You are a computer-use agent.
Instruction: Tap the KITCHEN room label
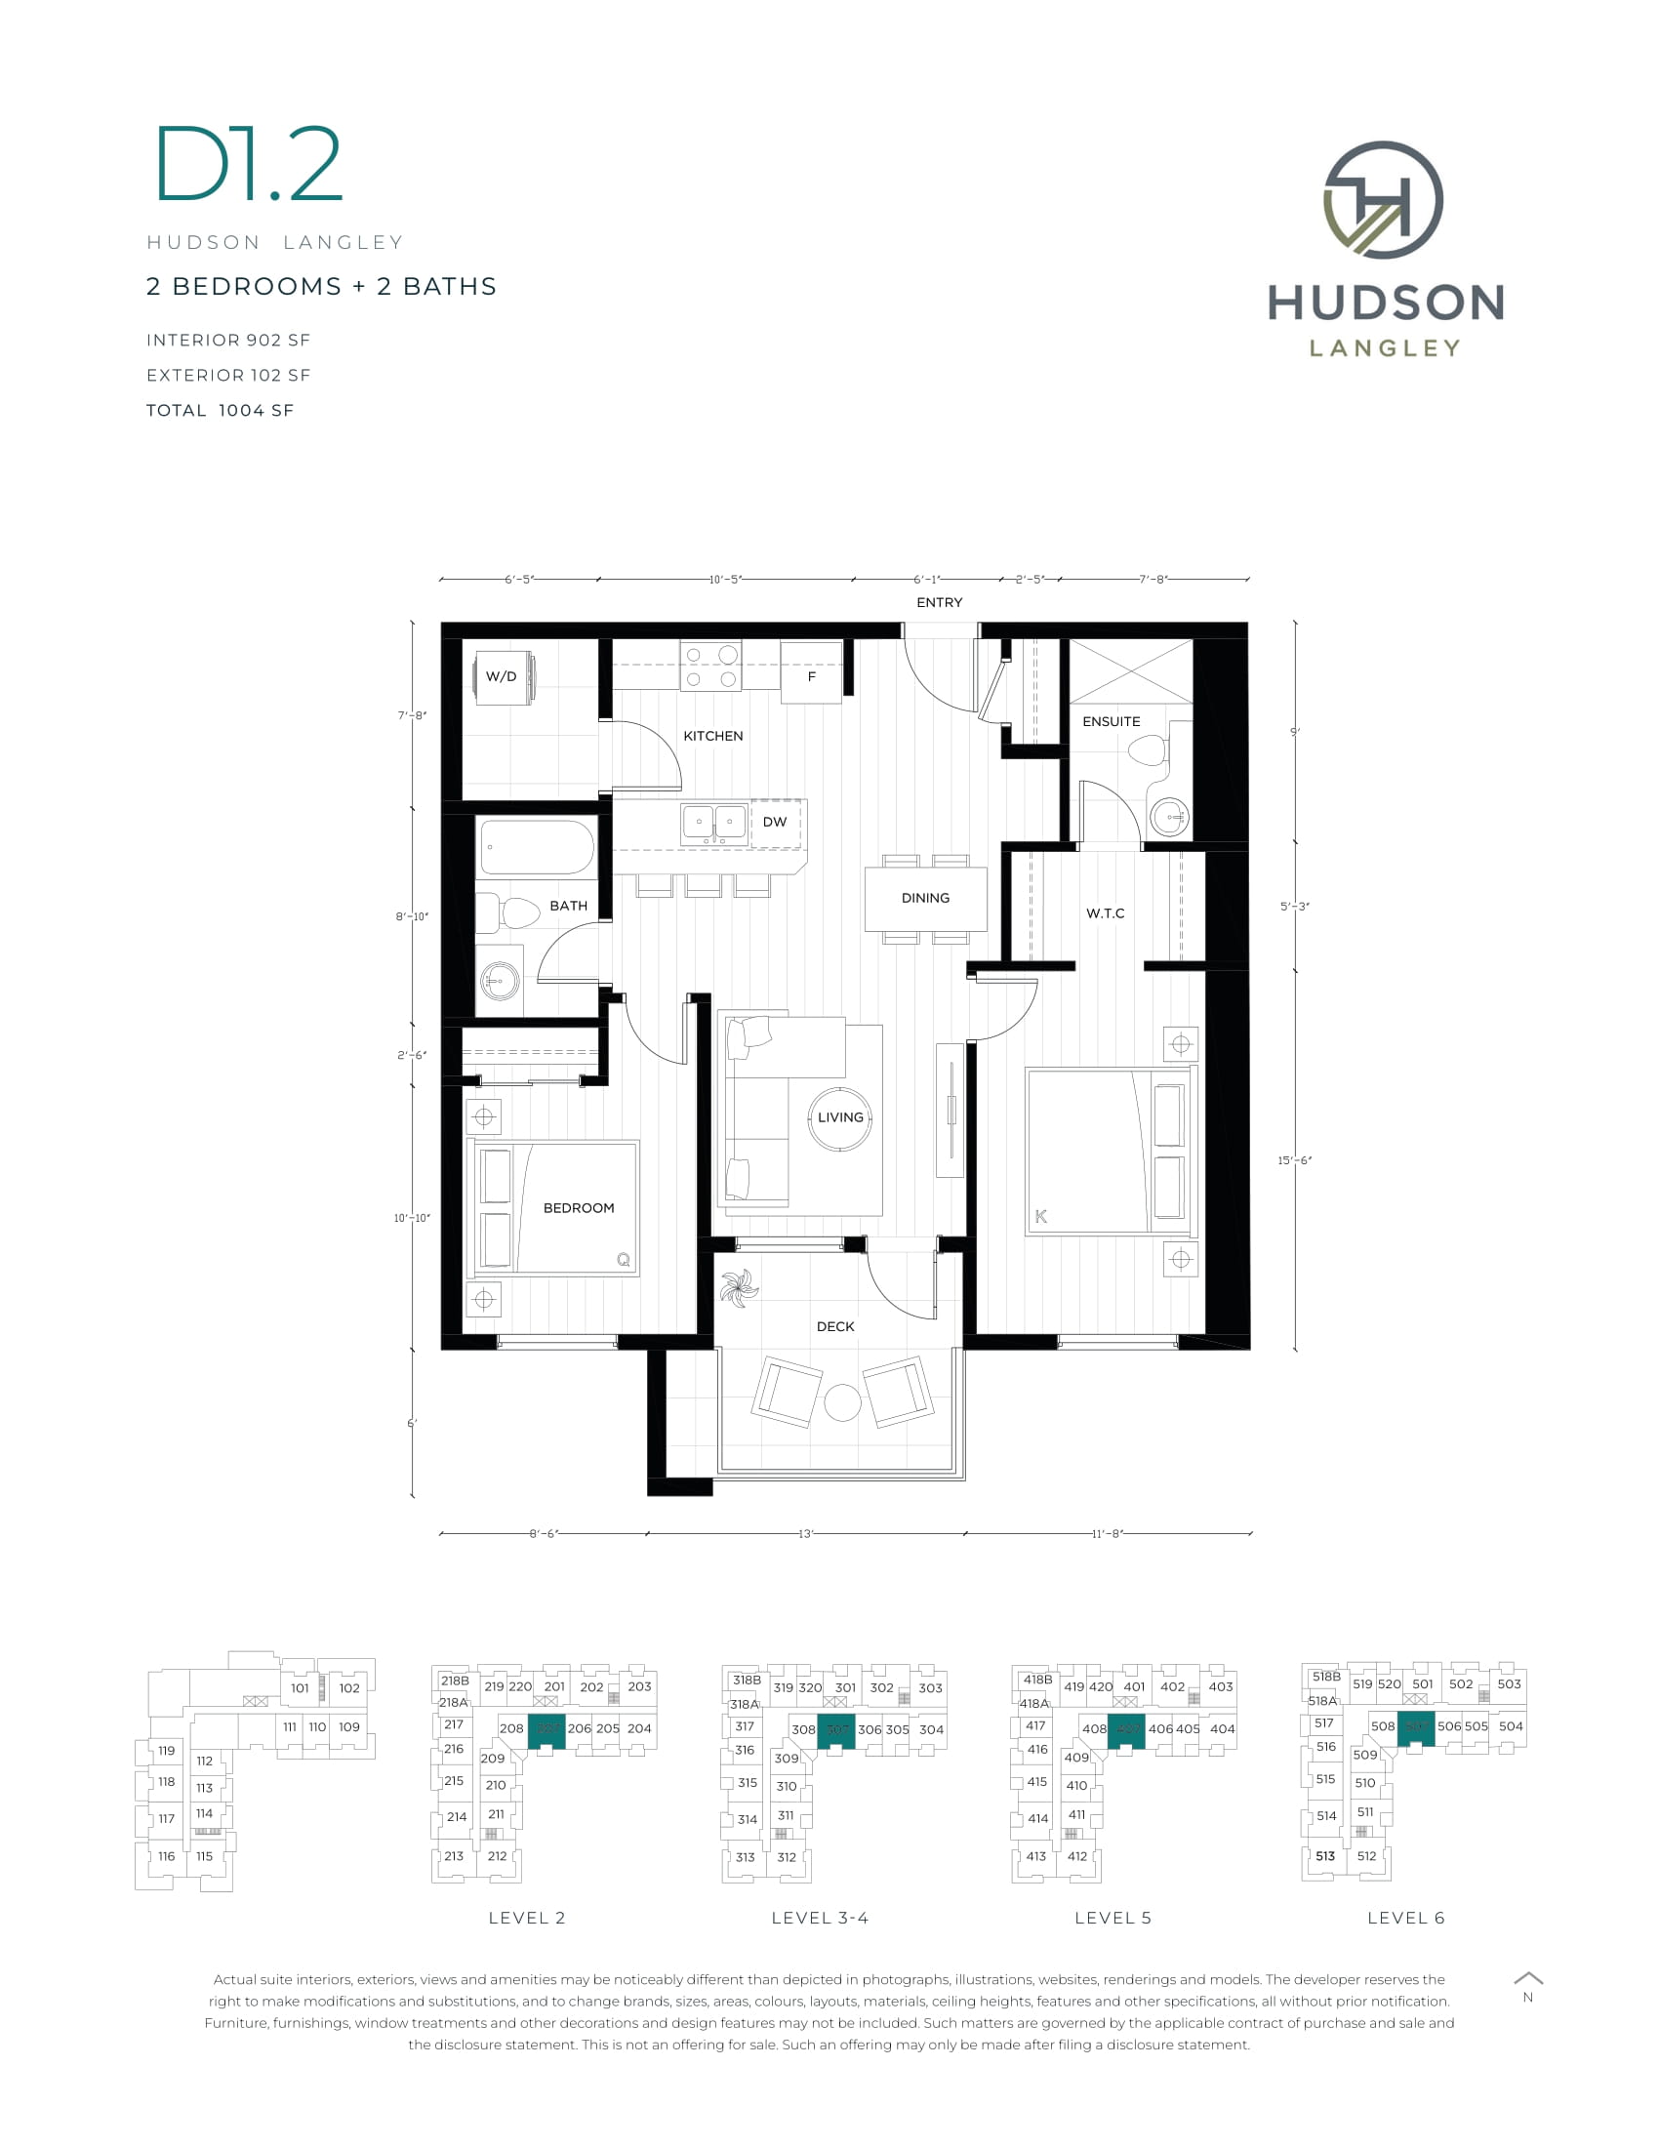coord(712,735)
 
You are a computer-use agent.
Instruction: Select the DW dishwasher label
coord(775,822)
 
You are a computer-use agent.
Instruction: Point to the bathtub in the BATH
coord(537,846)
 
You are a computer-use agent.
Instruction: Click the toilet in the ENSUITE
coord(1147,752)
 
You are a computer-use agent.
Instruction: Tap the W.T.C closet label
coord(1105,913)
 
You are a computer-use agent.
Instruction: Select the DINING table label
coord(925,898)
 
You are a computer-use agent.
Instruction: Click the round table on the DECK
coord(842,1401)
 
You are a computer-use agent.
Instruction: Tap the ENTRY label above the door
coord(939,602)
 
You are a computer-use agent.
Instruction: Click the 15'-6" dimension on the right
coord(1294,1161)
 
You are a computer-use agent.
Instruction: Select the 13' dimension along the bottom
coord(805,1533)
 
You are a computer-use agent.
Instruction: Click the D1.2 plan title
coord(249,165)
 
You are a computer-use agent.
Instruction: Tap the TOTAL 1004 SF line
coord(221,411)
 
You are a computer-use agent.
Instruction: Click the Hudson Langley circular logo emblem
coord(1383,199)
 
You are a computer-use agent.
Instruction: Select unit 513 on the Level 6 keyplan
coord(1325,1856)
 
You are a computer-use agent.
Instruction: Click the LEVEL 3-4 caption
coord(820,1918)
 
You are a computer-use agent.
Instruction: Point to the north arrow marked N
coord(1527,1987)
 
